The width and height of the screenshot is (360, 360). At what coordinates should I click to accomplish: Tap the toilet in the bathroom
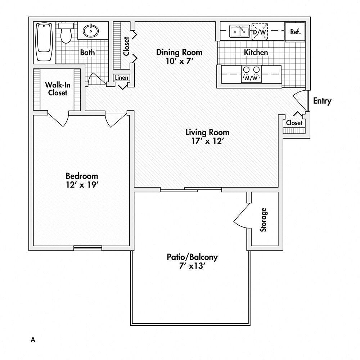(66, 32)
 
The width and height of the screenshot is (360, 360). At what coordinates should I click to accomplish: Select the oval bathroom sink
(92, 31)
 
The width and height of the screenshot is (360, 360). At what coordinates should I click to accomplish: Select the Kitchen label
(256, 53)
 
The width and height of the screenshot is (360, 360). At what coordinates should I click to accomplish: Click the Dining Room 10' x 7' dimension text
(179, 61)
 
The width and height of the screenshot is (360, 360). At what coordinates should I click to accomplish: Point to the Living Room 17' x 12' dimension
(207, 141)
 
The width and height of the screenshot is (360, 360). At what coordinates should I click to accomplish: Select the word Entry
(322, 101)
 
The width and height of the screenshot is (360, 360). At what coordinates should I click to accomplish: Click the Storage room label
(264, 220)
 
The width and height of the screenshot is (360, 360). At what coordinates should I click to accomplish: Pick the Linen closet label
(121, 77)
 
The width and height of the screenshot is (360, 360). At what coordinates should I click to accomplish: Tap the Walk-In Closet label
(56, 89)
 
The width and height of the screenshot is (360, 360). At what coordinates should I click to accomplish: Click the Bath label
(87, 53)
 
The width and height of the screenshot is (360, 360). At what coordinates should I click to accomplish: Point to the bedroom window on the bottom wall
(87, 248)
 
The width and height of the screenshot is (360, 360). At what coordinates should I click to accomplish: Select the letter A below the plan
(33, 339)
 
